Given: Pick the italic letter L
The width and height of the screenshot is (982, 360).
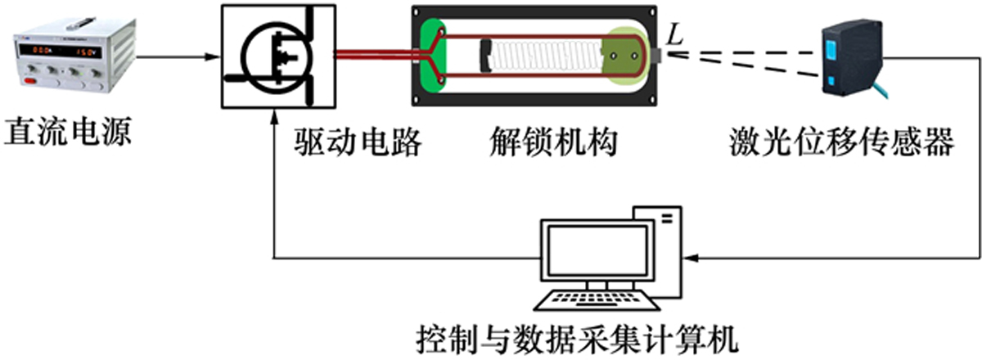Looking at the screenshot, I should [x=676, y=34].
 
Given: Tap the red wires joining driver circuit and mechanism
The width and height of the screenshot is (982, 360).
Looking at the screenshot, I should [x=372, y=56].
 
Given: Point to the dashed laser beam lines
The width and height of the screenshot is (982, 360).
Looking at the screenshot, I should [x=745, y=59].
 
